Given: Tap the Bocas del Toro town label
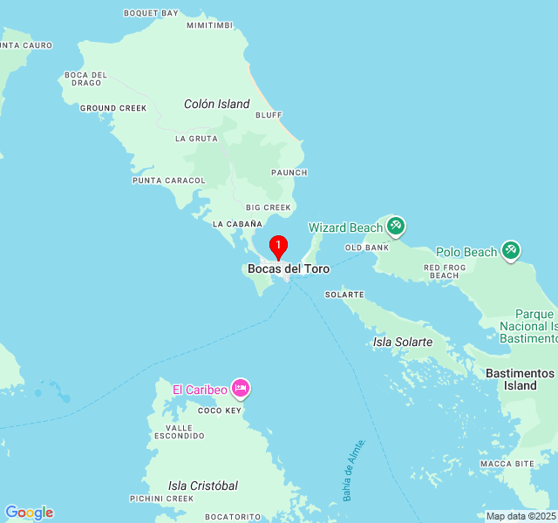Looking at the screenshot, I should click(289, 269).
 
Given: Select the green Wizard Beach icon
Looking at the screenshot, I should click(396, 227).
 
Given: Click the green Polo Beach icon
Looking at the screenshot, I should click(510, 251).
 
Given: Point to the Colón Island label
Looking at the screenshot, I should click(217, 104).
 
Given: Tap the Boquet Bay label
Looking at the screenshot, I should click(151, 13).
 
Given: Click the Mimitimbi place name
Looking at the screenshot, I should click(210, 25).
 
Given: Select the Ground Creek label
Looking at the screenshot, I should click(113, 108).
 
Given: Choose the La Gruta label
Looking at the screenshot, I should click(196, 139).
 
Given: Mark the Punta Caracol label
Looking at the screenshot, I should click(169, 180).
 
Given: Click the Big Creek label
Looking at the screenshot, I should click(268, 207).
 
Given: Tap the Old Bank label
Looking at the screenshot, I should click(367, 248).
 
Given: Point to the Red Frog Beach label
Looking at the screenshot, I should click(444, 271).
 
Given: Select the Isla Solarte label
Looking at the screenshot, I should click(403, 342).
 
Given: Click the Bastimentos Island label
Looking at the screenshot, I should click(521, 378).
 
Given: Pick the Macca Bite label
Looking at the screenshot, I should click(507, 463).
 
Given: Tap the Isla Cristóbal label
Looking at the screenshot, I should click(203, 486).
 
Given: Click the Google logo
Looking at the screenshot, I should click(29, 513).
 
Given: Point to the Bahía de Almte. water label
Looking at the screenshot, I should click(353, 470).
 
